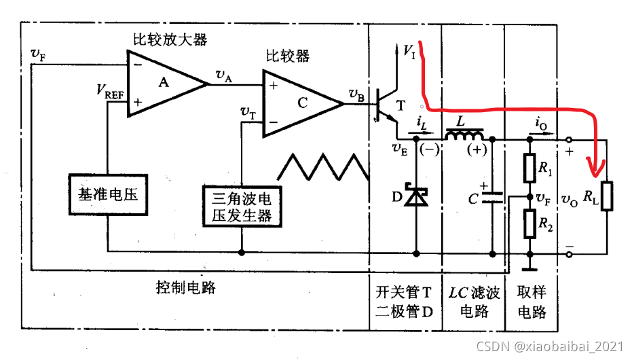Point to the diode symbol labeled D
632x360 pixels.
point(416,197)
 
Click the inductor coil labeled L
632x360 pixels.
point(467,137)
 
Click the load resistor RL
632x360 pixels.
point(606,196)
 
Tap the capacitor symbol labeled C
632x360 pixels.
point(491,198)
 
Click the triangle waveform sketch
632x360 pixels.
point(324,166)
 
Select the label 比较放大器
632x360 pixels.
point(167,39)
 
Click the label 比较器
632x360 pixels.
point(287,56)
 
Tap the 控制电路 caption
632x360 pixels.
point(181,287)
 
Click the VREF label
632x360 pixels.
point(110,90)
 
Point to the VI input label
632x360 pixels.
point(409,51)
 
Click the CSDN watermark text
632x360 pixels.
point(549,346)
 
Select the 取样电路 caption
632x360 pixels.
point(532,302)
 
